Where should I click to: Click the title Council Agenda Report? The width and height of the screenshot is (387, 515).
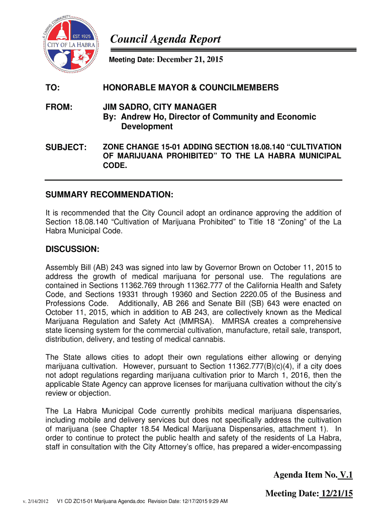(165, 40)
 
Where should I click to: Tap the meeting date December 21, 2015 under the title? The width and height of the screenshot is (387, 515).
(189, 60)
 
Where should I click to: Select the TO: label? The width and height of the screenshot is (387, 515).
(52, 88)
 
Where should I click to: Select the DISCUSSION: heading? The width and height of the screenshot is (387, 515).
(73, 249)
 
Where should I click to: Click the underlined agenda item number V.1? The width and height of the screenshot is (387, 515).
(346, 475)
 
